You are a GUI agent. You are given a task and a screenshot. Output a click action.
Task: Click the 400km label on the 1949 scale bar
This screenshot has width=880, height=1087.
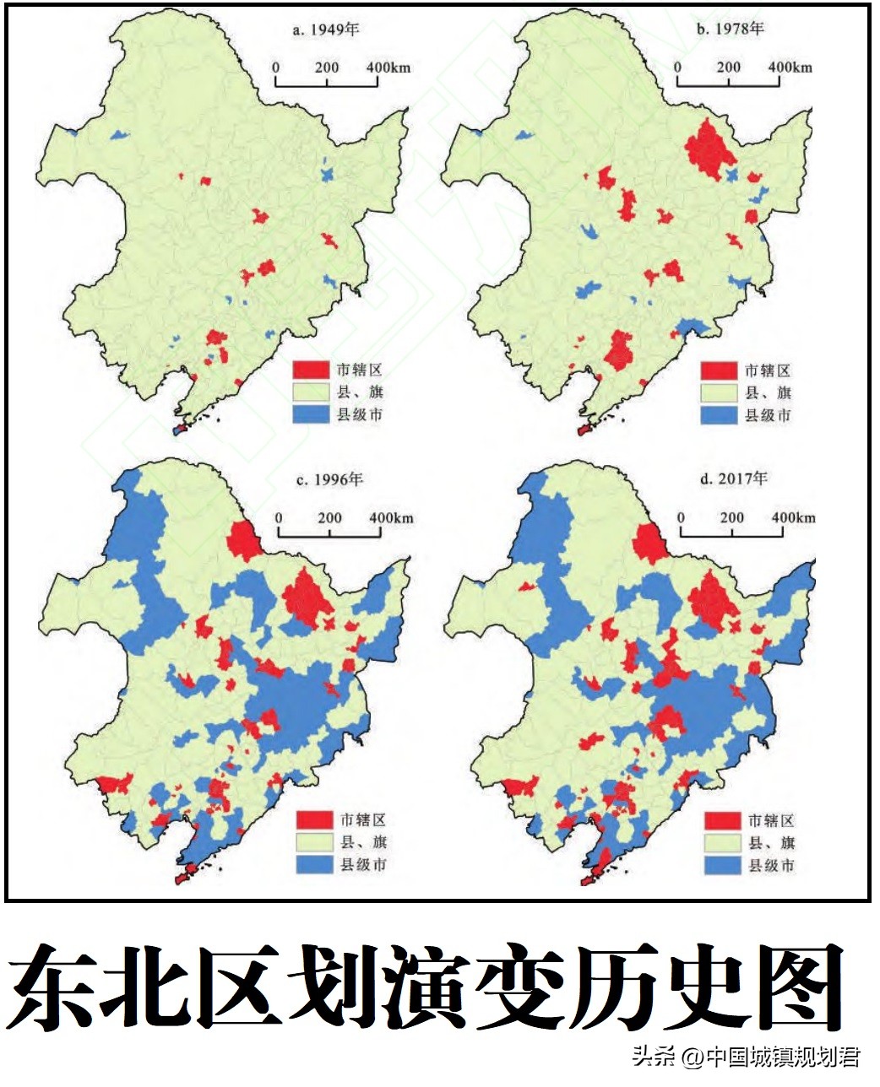tap(388, 68)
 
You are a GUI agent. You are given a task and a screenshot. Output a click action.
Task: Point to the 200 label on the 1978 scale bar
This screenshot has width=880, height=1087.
tap(727, 68)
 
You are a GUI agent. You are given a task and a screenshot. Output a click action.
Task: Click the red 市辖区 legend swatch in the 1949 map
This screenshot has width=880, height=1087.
tap(310, 370)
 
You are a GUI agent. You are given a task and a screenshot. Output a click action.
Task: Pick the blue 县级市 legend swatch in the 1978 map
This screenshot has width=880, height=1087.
tap(717, 415)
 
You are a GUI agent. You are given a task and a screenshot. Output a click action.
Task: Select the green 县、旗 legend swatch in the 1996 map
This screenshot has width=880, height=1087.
tap(313, 841)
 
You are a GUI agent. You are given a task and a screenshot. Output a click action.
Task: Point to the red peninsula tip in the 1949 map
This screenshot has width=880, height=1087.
tap(180, 430)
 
